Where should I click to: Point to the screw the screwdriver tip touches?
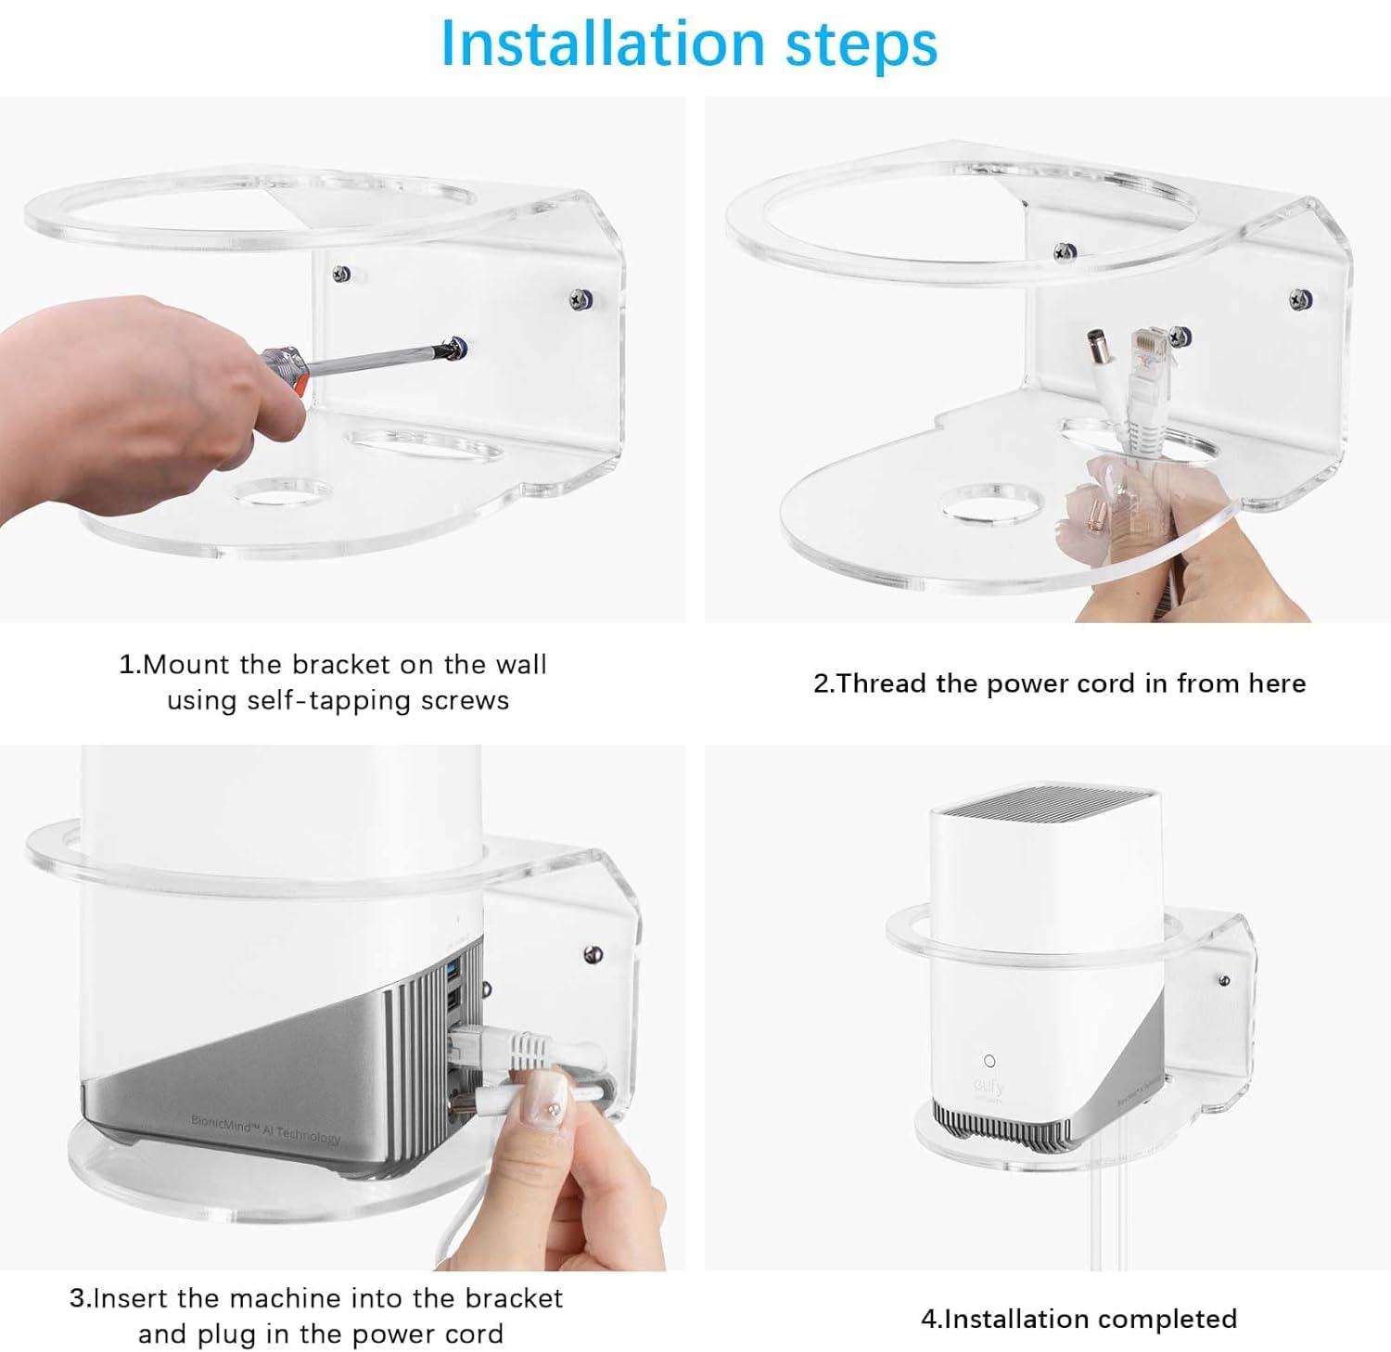point(456,348)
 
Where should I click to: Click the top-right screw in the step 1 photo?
point(582,300)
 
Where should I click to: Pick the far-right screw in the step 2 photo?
point(1300,299)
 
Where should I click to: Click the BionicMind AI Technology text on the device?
point(266,1129)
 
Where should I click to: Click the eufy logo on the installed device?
point(989,1086)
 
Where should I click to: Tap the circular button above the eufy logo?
point(989,1061)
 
